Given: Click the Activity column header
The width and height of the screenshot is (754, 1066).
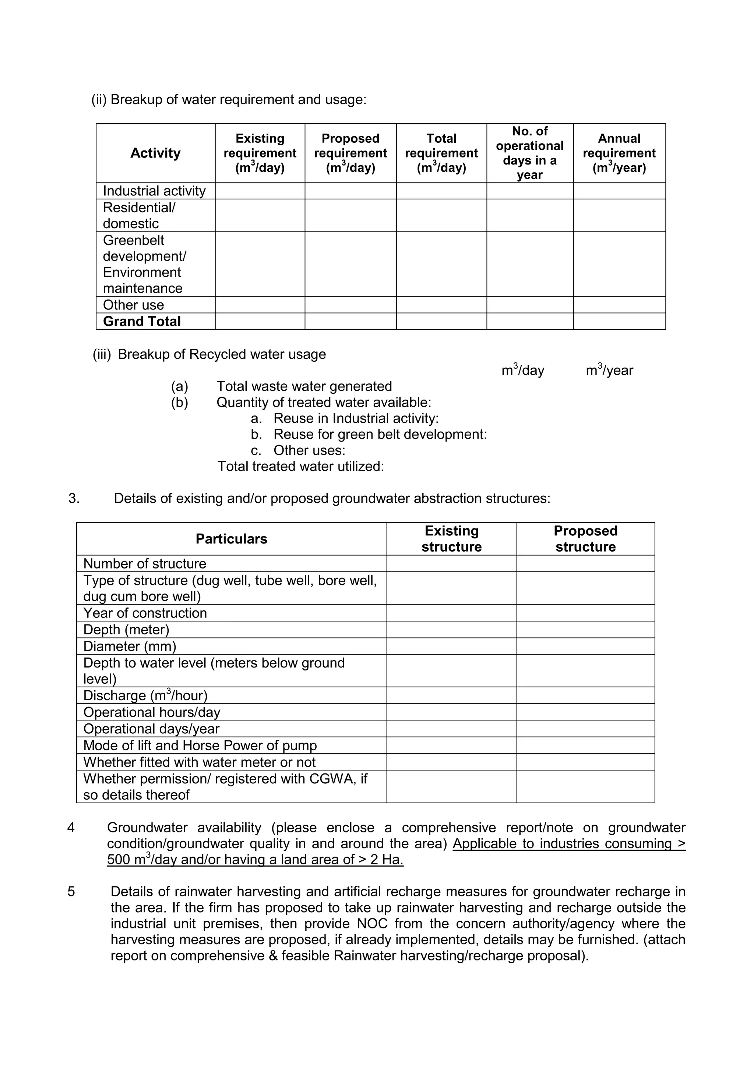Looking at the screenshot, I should pyautogui.click(x=155, y=153).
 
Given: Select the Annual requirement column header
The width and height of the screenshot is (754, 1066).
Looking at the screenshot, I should pyautogui.click(x=619, y=153).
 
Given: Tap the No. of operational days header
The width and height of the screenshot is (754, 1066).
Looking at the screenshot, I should pyautogui.click(x=530, y=153).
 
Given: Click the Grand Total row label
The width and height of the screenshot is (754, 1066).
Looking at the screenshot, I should pyautogui.click(x=142, y=321).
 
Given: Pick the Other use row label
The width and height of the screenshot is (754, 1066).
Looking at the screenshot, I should pyautogui.click(x=133, y=305).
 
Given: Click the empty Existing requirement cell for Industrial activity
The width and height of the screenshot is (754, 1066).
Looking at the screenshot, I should pyautogui.click(x=260, y=191).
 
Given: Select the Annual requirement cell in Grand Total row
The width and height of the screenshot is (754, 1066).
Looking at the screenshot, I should pyautogui.click(x=619, y=321).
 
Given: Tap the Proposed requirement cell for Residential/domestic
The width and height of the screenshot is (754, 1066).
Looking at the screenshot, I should pyautogui.click(x=350, y=215).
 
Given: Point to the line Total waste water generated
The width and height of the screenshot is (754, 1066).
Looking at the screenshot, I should pyautogui.click(x=304, y=386).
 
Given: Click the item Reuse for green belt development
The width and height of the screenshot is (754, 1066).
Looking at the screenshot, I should pyautogui.click(x=380, y=434).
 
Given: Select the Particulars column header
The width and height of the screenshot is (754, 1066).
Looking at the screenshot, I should pyautogui.click(x=231, y=539).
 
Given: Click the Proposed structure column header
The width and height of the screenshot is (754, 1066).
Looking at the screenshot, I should pyautogui.click(x=585, y=539).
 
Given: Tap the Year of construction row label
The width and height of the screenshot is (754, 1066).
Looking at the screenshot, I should pyautogui.click(x=145, y=613).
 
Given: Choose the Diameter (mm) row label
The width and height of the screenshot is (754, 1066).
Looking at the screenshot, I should pyautogui.click(x=130, y=646).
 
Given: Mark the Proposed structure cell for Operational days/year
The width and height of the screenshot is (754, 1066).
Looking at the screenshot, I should pyautogui.click(x=585, y=729).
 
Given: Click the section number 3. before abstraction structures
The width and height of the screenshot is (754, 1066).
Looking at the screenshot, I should pyautogui.click(x=74, y=498).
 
